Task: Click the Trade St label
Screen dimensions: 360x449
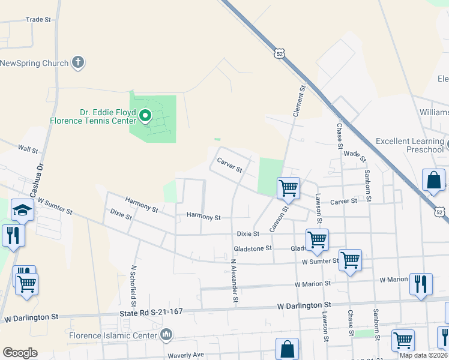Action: tap(38, 20)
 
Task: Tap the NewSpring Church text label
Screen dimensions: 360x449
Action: tap(34, 63)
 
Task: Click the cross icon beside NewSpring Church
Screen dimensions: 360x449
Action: tap(77, 62)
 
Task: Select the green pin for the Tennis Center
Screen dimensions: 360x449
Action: tap(145, 115)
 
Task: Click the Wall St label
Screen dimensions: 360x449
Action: tap(28, 148)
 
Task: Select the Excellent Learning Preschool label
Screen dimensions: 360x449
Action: tap(408, 145)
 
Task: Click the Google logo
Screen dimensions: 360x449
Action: tap(20, 353)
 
